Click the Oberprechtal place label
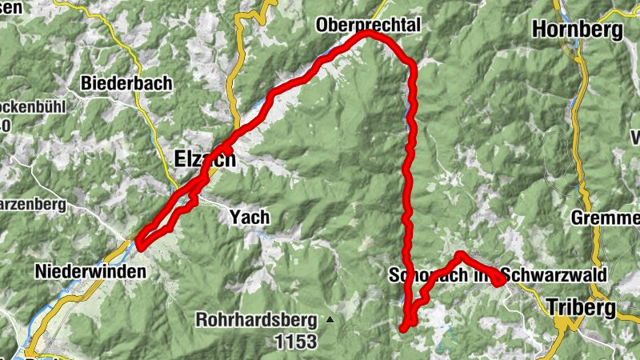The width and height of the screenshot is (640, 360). click(x=368, y=25)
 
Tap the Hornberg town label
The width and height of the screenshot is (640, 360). click(x=577, y=30)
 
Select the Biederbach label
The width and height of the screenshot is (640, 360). click(x=122, y=82)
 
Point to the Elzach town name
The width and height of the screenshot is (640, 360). click(x=205, y=159)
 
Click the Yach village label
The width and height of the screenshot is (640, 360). click(x=249, y=217)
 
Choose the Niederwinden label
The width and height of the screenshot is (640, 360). click(x=90, y=272)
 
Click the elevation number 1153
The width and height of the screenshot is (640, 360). click(x=295, y=342)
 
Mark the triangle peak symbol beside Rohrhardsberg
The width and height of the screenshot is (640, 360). click(x=330, y=320)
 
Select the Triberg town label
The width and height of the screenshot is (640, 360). click(x=580, y=306)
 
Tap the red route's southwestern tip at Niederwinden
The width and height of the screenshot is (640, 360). click(x=139, y=244)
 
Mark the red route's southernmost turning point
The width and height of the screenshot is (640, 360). click(x=406, y=327)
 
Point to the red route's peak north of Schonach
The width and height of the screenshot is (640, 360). click(x=461, y=255)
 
